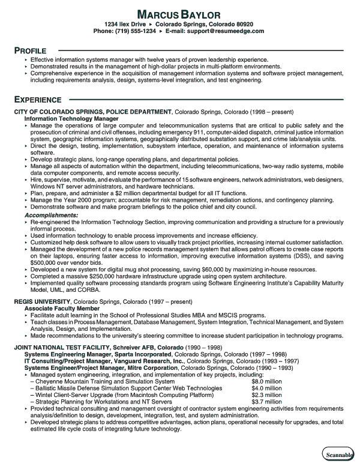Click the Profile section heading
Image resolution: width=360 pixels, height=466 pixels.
(x=32, y=51)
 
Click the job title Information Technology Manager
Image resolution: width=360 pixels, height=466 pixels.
(x=63, y=119)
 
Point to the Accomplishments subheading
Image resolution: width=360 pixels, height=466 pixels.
(x=51, y=214)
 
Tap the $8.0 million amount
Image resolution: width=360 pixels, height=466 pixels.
(x=266, y=381)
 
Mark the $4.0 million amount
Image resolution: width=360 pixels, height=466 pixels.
(x=266, y=388)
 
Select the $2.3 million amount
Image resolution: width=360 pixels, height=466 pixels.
(x=266, y=395)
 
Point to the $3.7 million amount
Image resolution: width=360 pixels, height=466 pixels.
(x=266, y=402)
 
